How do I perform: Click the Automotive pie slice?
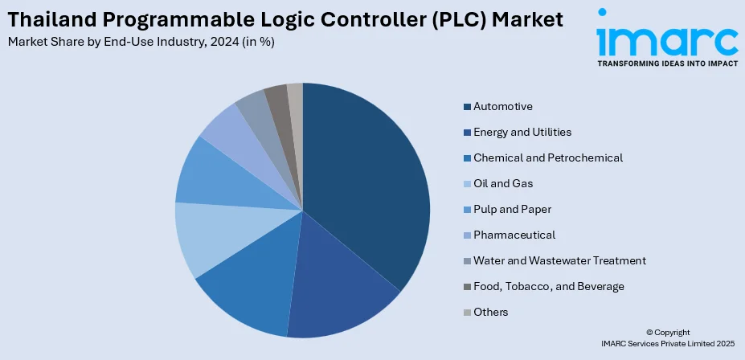[366, 177]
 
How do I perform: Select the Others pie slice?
[295, 96]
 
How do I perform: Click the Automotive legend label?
[503, 106]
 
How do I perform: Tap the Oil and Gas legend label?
[503, 183]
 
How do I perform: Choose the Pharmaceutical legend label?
[514, 235]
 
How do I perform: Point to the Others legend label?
[490, 312]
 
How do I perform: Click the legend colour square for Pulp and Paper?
[467, 209]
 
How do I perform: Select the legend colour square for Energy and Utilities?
[467, 132]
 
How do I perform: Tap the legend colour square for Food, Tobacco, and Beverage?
[467, 286]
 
